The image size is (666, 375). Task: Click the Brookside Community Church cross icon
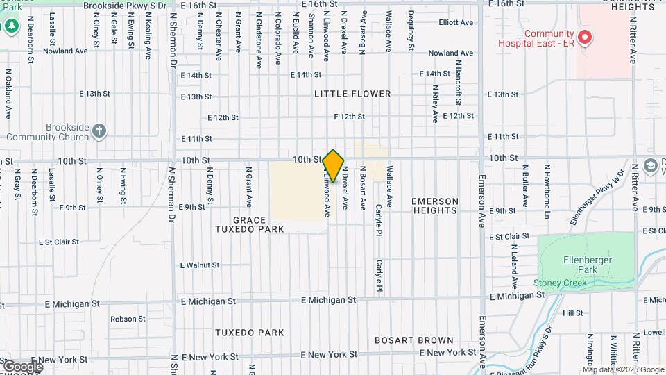pyautogui.click(x=99, y=130)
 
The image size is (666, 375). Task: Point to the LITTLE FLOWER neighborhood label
pyautogui.click(x=362, y=94)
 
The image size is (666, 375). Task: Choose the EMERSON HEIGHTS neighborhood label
pyautogui.click(x=435, y=206)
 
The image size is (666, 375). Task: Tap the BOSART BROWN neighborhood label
pyautogui.click(x=414, y=341)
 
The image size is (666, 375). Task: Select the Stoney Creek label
pyautogui.click(x=560, y=283)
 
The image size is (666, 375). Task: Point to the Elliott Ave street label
pyautogui.click(x=456, y=22)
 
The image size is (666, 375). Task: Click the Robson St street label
pyautogui.click(x=128, y=319)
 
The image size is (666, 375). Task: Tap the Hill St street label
pyautogui.click(x=573, y=313)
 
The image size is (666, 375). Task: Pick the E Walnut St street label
pyautogui.click(x=200, y=265)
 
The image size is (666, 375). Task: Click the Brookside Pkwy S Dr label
pyautogui.click(x=125, y=5)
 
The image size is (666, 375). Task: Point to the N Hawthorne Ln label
pyautogui.click(x=547, y=187)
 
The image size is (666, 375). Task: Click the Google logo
pyautogui.click(x=22, y=366)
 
